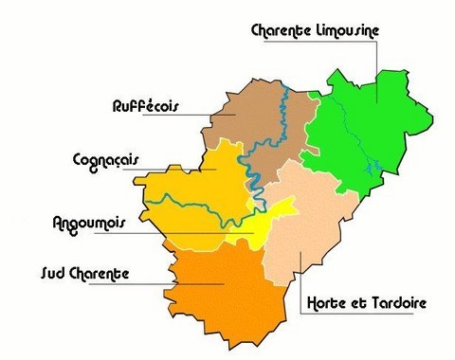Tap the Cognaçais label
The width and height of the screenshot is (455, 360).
pyautogui.click(x=105, y=159)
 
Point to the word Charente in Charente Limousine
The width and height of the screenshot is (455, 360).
pyautogui.click(x=282, y=30)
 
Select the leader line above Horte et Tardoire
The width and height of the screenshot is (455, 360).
pyautogui.click(x=300, y=275)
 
